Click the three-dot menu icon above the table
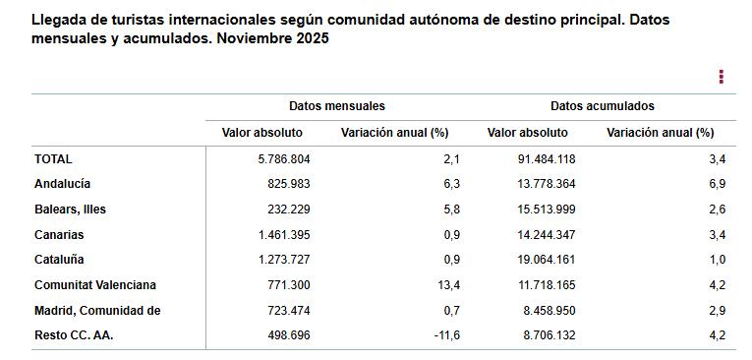(x=721, y=77)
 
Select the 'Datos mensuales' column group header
(x=336, y=106)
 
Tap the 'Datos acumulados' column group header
(x=602, y=106)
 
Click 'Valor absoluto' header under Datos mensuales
(x=256, y=133)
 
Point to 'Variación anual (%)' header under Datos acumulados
(x=660, y=133)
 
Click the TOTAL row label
(x=53, y=158)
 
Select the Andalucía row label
(x=62, y=184)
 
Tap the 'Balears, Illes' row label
(x=70, y=210)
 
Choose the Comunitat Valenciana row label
(x=95, y=285)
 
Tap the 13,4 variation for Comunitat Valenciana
(x=449, y=285)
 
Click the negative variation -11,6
(x=447, y=335)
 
